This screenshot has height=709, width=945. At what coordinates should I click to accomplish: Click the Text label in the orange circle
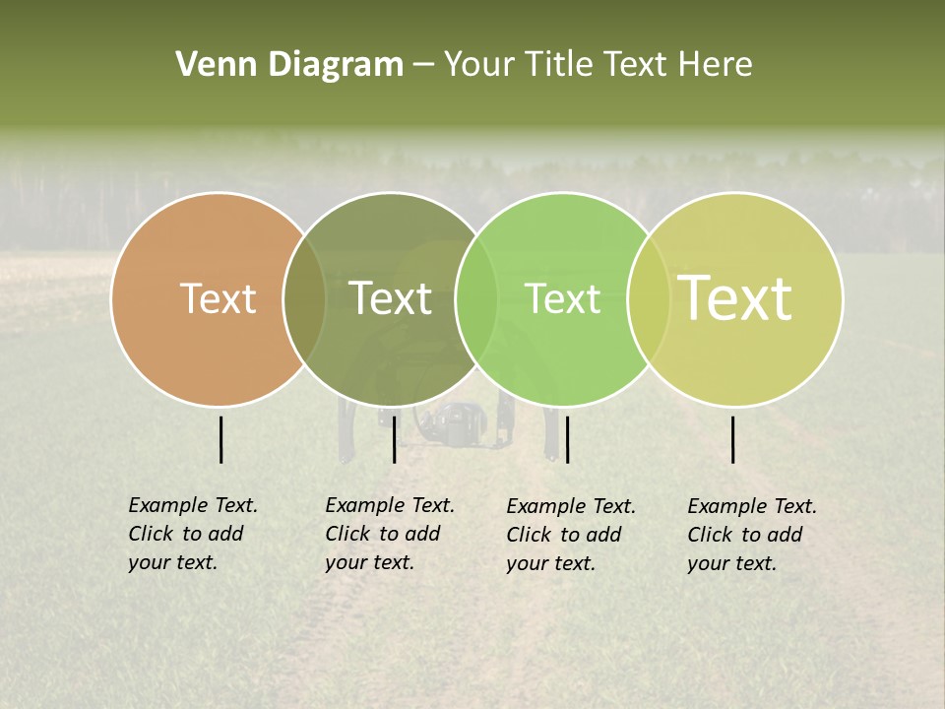218,298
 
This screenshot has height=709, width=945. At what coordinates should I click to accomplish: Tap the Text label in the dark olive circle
390,298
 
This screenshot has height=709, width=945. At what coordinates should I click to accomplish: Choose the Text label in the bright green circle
562,298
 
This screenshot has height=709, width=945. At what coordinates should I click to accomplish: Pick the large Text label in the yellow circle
735,297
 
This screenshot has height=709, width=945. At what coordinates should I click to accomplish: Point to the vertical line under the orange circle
220,439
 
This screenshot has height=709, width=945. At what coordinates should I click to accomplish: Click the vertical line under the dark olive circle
394,439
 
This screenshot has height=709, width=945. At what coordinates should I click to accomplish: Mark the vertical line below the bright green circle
568,439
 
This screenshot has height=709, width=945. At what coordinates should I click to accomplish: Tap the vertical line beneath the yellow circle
733,439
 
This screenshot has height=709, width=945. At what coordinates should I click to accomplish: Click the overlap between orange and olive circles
304,299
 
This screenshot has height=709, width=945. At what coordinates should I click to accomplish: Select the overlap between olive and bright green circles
476,299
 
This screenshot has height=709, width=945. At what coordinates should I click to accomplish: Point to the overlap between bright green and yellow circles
649,299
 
